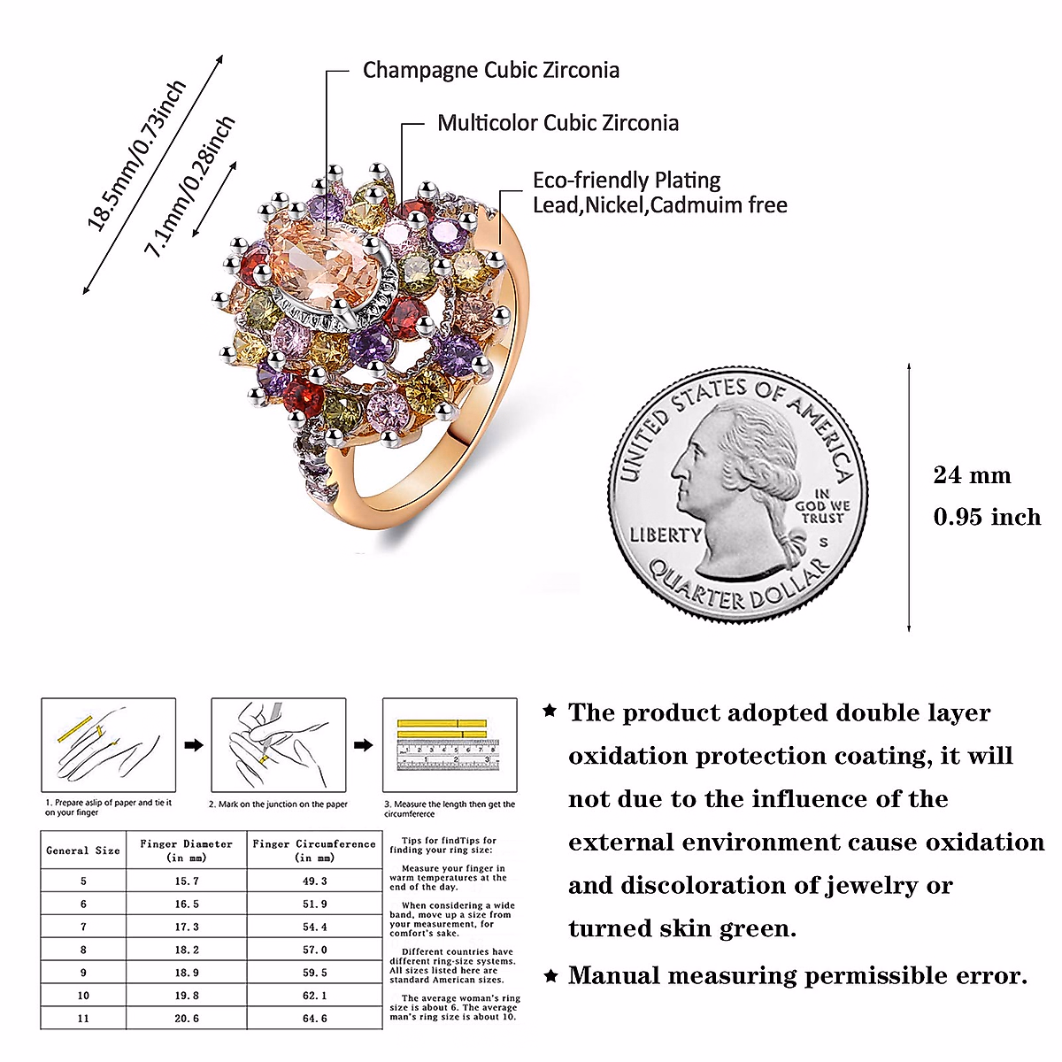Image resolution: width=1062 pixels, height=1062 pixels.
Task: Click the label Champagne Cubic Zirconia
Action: (x=490, y=71)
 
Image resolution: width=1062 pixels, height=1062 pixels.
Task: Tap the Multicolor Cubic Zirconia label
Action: (x=558, y=123)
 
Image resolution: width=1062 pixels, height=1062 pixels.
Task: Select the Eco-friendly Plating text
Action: (x=627, y=181)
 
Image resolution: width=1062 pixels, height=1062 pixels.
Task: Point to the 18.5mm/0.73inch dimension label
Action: (x=137, y=156)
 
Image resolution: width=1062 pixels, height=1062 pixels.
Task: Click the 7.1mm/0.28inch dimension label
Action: (x=190, y=187)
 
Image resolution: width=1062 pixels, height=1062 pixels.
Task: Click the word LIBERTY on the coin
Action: (x=665, y=535)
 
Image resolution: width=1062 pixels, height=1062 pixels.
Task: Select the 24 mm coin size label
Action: (x=972, y=475)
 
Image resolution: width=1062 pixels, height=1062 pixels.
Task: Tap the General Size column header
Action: (x=83, y=850)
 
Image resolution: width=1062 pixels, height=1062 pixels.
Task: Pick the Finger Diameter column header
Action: (x=186, y=850)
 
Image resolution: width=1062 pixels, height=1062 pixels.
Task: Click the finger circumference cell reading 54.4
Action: (x=314, y=927)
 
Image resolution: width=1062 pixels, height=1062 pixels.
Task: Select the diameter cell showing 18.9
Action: (x=186, y=973)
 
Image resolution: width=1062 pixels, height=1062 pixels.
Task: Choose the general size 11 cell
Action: (x=83, y=1019)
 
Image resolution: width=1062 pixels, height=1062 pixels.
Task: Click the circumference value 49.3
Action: (x=314, y=881)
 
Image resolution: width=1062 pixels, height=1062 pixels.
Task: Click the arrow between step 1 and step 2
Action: (x=193, y=745)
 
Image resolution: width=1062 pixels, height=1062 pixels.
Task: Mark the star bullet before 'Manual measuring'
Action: (x=550, y=976)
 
